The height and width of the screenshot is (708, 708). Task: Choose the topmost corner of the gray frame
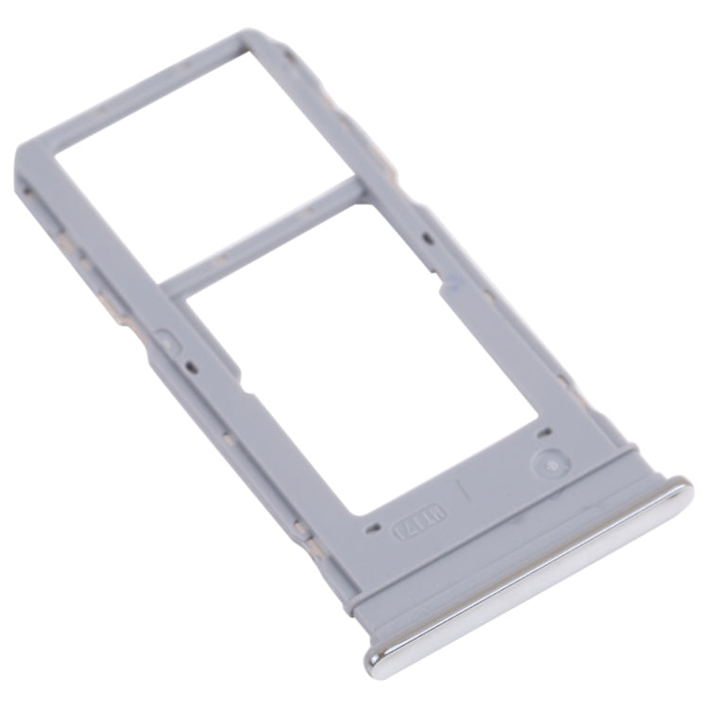253,35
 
